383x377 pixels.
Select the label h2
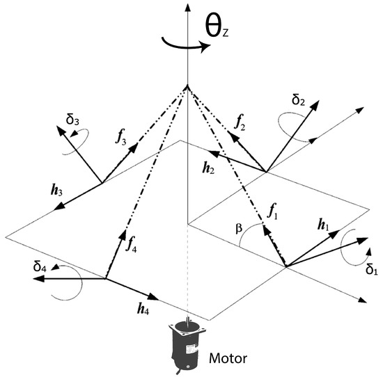pyautogui.click(x=208, y=168)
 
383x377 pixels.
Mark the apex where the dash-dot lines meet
pyautogui.click(x=186, y=88)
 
